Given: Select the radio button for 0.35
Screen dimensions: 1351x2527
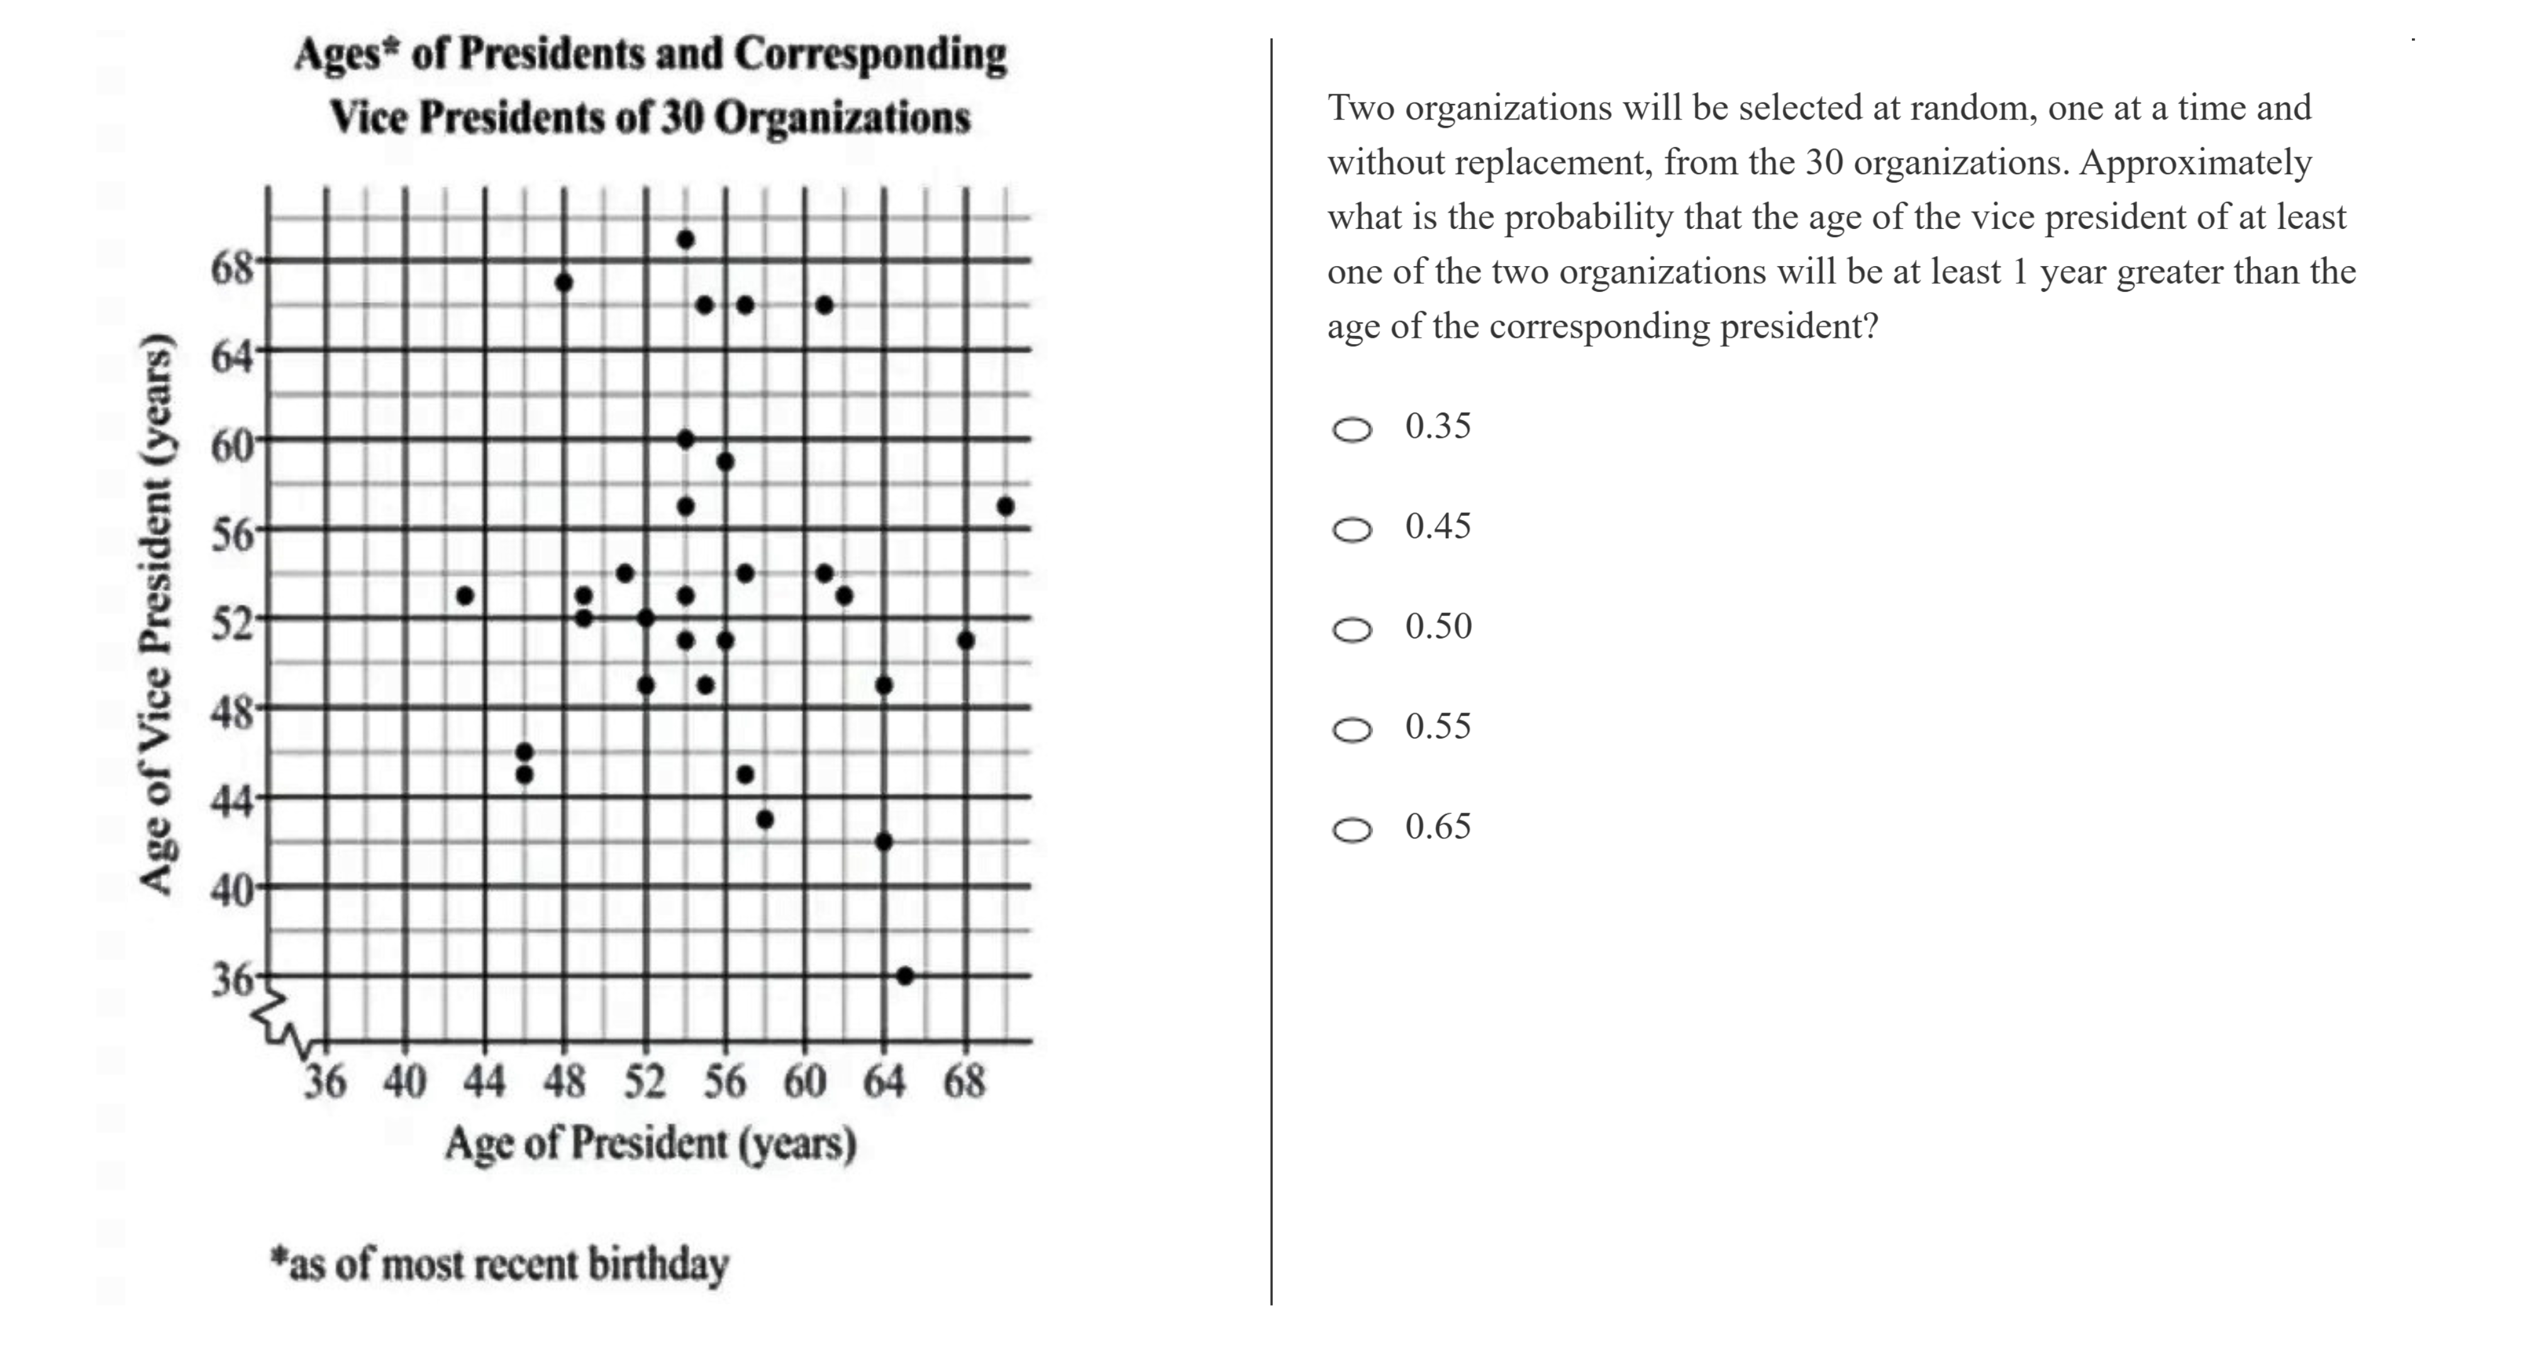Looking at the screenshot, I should coord(1352,429).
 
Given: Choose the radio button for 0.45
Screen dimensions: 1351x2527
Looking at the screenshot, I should coord(1352,530).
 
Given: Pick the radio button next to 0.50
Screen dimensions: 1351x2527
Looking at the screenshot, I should coord(1352,630).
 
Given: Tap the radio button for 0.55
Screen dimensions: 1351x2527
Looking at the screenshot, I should coord(1352,730).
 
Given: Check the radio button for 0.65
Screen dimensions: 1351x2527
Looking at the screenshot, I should coord(1352,830).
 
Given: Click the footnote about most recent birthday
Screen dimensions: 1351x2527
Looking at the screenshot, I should coord(500,1264).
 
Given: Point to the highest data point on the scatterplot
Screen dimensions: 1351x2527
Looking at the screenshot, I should coord(686,240).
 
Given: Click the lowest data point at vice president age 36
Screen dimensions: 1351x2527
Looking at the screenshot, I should coord(904,976).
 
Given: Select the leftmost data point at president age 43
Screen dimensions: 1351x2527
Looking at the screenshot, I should coord(465,596).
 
